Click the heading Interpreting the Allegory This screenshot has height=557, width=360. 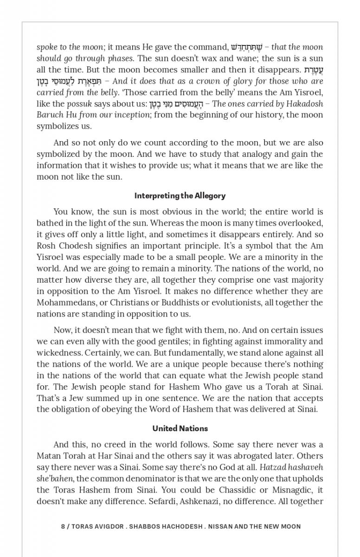click(x=180, y=196)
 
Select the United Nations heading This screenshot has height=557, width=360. click(x=180, y=428)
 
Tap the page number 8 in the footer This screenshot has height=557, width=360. click(x=63, y=526)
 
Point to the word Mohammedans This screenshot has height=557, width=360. click(x=64, y=303)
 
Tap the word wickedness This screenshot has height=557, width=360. click(x=60, y=353)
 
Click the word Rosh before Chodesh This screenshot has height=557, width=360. click(x=47, y=246)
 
